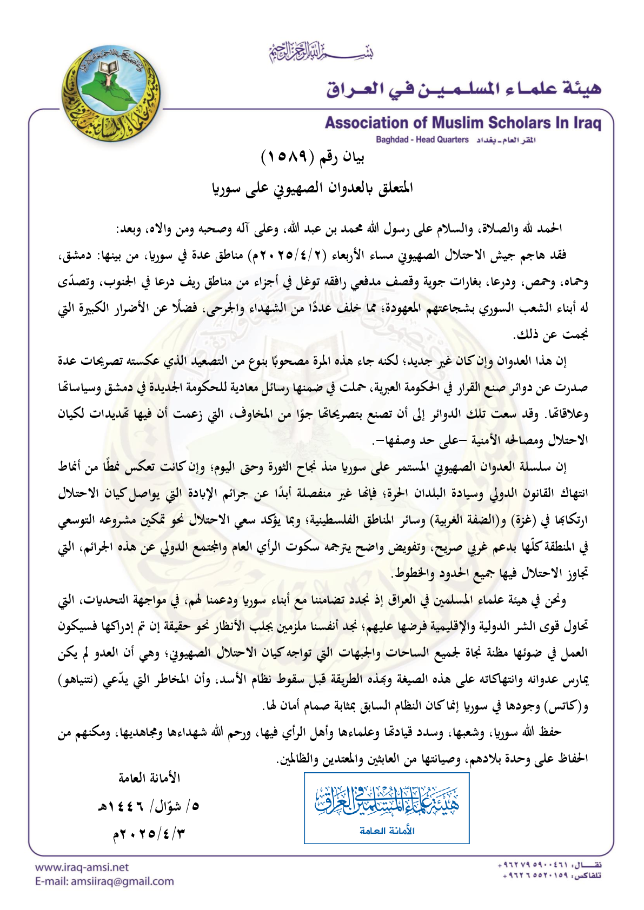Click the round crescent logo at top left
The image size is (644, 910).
point(111,93)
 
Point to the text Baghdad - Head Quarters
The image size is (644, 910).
point(422,140)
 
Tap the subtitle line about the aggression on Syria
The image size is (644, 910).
point(313,188)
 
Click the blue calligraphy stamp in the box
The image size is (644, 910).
point(387,801)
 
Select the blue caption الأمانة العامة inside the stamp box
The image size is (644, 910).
point(387,831)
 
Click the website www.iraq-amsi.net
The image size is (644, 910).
point(82,867)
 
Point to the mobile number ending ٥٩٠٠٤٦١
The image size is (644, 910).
point(532,866)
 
